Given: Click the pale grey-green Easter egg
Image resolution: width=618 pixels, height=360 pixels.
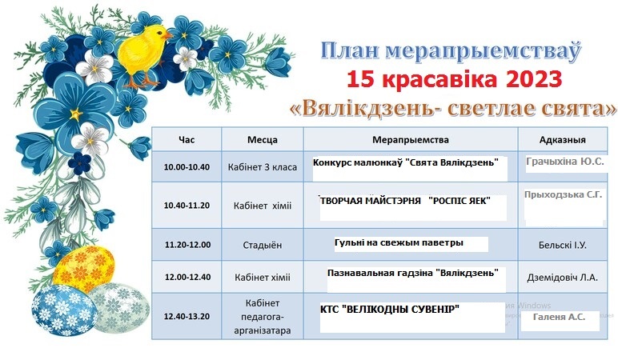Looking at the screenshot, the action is coord(119,309).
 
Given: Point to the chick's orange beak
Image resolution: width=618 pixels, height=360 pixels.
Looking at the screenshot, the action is coord(169,35).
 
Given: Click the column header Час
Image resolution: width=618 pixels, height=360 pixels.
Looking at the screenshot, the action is coord(187,140).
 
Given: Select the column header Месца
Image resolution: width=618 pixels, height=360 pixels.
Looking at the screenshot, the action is coord(263,140).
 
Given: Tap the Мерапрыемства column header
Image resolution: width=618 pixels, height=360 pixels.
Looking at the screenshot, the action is coord(411,140).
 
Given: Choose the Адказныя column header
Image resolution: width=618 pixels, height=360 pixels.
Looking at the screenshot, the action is coord(563,140).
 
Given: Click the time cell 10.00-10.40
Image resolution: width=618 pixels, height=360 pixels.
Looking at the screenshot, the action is coord(187,167).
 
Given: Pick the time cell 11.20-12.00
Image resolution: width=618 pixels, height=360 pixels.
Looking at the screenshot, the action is coord(187,245).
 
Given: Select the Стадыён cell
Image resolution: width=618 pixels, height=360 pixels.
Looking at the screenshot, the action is coord(263,245).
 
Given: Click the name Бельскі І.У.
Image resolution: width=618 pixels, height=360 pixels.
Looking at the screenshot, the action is coord(563,245).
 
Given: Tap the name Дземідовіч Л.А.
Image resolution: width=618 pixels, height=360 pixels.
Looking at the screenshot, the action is coord(563,278).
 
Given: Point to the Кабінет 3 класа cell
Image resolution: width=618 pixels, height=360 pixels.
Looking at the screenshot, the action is coord(263,167).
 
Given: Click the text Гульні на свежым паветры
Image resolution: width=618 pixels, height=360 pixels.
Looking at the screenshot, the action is coord(399,243).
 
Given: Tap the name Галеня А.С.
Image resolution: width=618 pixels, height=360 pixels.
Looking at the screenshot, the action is coord(559,317).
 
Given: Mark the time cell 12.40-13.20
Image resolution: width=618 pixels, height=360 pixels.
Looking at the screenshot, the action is coord(187,316).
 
